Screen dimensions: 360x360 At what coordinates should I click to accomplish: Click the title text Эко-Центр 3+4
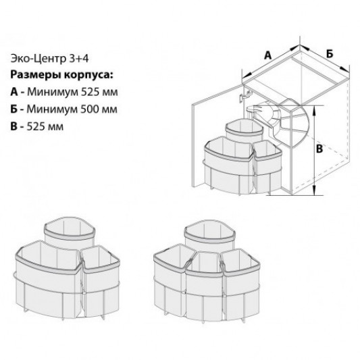[x=46, y=58]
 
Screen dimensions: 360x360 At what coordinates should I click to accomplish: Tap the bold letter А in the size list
[x=16, y=92]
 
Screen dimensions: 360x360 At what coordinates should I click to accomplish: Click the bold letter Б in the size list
[x=16, y=109]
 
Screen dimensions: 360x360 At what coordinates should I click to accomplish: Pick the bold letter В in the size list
[x=16, y=126]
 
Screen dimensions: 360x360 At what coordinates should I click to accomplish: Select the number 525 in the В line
[x=35, y=126]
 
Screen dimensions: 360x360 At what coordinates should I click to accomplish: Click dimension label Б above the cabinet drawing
[x=330, y=51]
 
